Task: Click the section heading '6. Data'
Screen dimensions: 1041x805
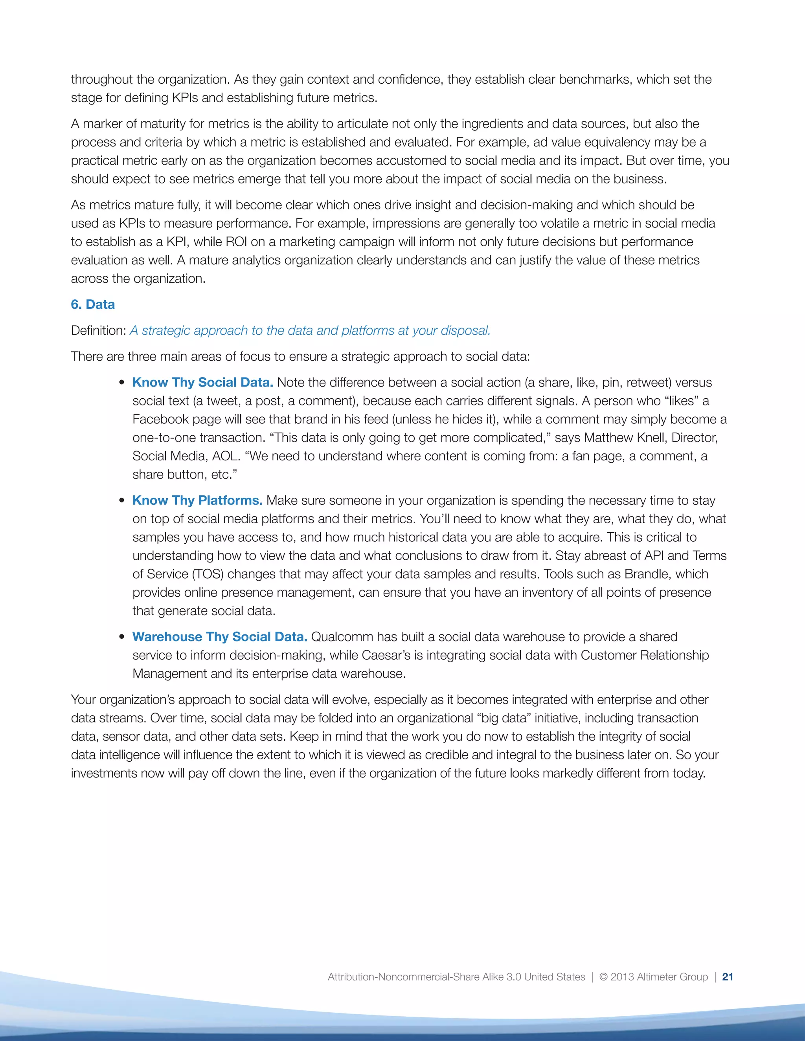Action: (93, 304)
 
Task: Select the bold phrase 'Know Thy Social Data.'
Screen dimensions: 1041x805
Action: (203, 383)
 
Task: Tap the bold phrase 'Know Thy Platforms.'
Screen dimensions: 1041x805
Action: (197, 500)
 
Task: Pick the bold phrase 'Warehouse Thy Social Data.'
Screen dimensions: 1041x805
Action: (220, 637)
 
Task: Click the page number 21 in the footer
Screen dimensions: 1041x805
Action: (727, 977)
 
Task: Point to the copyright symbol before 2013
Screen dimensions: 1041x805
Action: (603, 977)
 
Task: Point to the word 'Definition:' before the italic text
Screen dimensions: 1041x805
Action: (99, 330)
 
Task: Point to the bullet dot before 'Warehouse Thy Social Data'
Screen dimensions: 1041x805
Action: (123, 637)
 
